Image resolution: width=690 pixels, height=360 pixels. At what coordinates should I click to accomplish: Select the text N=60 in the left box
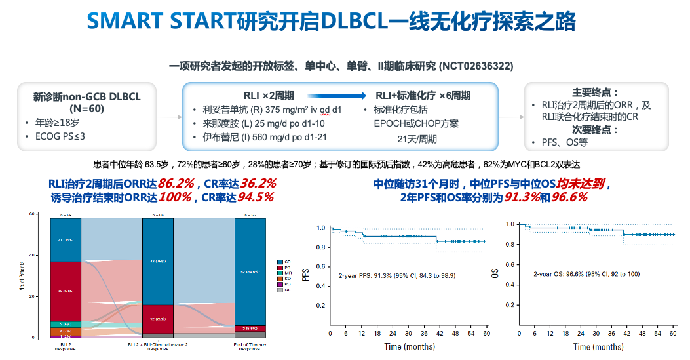tap(87, 108)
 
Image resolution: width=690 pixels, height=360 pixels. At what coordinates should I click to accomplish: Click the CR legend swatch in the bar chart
tap(280, 262)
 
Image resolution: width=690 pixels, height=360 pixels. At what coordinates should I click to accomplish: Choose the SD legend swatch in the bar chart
tap(280, 279)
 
